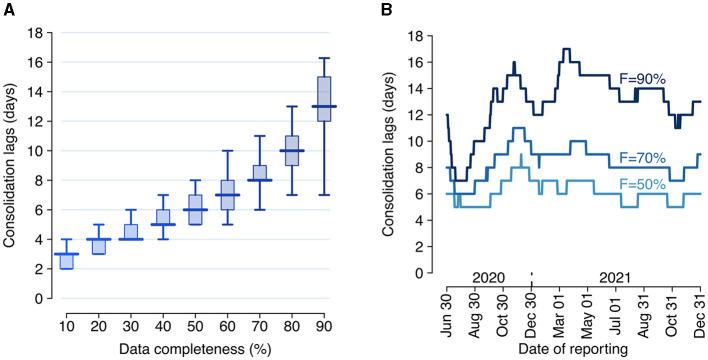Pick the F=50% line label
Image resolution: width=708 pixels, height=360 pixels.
tap(648, 182)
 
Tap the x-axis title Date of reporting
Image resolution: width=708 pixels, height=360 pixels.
tap(574, 350)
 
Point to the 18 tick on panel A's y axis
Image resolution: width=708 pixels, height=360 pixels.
tap(34, 33)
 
